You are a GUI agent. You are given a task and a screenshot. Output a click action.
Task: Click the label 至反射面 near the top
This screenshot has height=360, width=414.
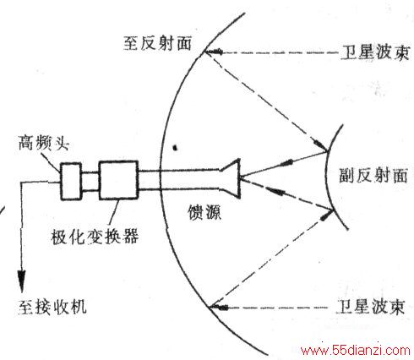157,43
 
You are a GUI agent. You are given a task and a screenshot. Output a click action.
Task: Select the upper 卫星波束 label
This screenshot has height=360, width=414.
375,52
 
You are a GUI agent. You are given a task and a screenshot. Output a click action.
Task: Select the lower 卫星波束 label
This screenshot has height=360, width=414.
371,306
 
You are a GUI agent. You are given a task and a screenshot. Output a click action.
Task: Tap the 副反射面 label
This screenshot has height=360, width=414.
373,175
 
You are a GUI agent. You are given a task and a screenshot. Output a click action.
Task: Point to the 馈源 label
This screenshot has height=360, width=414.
204,211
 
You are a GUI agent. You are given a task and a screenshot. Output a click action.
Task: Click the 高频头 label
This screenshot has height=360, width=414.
44,143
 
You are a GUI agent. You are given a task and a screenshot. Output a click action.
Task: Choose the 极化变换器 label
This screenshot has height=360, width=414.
95,236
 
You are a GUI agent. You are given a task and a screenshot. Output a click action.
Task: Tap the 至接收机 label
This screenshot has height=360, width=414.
52,306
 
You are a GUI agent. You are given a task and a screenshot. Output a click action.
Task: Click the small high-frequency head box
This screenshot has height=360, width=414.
71,181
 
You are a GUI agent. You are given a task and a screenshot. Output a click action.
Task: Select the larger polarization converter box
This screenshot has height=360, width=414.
118,180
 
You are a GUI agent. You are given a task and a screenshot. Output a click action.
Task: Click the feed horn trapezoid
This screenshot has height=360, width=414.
231,178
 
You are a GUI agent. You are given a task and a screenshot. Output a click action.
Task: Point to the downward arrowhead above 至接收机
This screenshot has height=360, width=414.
22,281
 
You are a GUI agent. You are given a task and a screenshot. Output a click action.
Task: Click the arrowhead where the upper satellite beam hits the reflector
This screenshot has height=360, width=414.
213,52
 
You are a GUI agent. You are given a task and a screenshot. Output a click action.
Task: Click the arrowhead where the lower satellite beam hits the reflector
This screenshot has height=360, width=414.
219,307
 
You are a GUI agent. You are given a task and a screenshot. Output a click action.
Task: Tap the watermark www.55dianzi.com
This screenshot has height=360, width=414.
356,351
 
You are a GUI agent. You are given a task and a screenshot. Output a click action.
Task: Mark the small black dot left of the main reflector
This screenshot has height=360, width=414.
175,147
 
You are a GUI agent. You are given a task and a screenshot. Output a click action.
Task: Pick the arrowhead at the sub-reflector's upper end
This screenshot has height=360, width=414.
320,145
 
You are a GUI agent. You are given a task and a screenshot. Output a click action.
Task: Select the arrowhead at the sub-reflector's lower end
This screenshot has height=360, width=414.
327,215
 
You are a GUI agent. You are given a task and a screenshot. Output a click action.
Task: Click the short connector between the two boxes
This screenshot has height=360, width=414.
90,182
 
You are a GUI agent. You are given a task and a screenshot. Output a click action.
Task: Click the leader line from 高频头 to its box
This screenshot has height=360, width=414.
52,162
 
